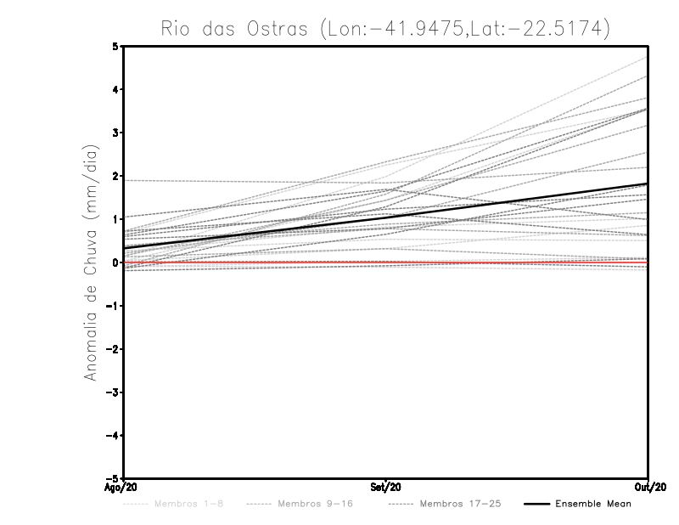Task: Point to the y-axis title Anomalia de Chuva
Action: tap(91, 262)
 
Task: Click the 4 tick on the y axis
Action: tap(116, 89)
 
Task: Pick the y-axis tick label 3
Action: tap(116, 133)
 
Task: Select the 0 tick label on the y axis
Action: tap(116, 262)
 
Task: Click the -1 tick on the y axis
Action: tap(114, 306)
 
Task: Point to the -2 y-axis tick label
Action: tap(114, 349)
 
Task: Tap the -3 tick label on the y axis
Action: tap(114, 392)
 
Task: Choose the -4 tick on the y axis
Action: tap(114, 436)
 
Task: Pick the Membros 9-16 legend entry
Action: tap(312, 505)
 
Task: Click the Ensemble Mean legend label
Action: tap(593, 505)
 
